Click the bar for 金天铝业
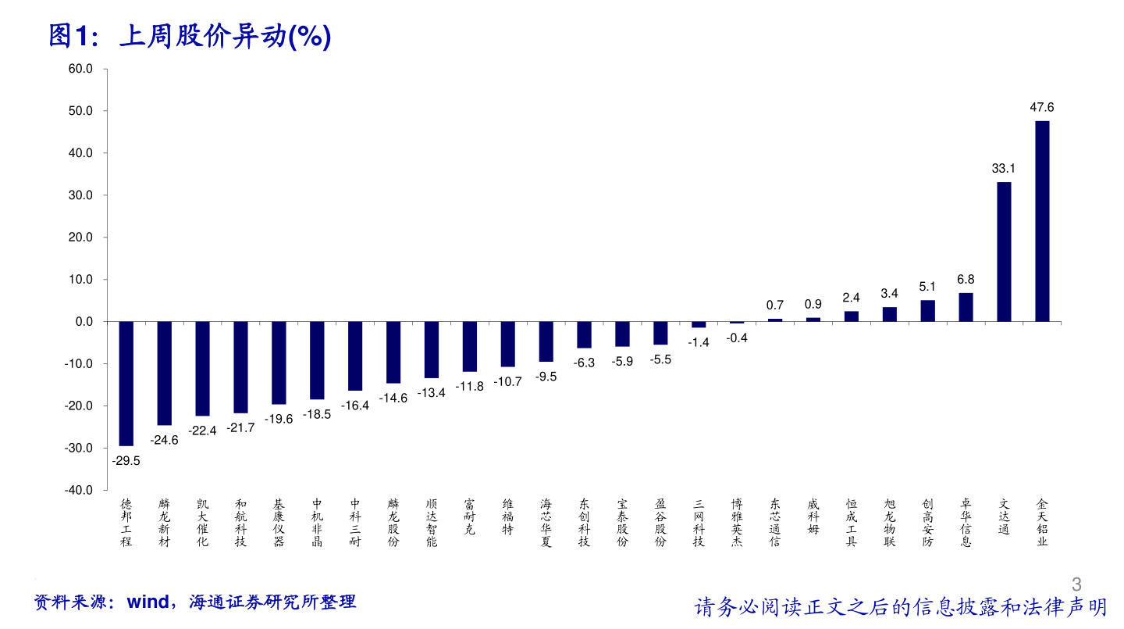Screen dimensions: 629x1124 1042,221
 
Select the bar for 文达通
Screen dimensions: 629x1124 1004,252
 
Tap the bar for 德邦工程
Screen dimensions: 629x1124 126,383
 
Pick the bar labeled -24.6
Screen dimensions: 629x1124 164,373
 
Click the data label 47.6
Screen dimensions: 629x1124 1042,108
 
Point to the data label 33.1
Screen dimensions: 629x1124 1004,169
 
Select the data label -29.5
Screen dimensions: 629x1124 126,461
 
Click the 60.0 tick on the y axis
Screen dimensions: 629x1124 80,69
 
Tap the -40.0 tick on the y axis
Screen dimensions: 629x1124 79,490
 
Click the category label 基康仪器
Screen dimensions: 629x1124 279,523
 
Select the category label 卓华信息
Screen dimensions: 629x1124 966,523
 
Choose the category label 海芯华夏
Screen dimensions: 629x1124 546,523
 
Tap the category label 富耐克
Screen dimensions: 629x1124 469,516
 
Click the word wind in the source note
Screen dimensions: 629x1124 148,602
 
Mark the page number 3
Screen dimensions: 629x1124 1077,584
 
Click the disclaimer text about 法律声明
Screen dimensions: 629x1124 900,607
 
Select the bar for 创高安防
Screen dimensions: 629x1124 927,311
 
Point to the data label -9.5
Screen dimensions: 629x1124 546,377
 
